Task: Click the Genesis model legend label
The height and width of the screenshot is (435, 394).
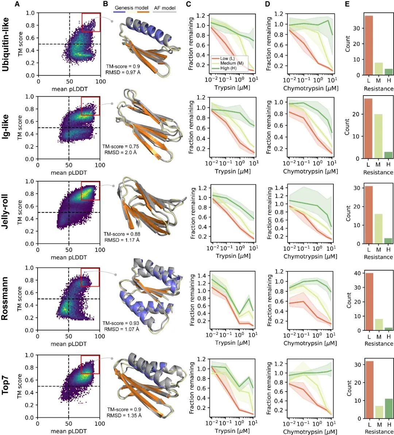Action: point(132,8)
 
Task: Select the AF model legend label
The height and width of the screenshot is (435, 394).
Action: point(165,8)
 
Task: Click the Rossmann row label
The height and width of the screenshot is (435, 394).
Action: point(5,299)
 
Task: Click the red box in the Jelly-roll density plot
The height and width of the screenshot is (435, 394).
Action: point(90,191)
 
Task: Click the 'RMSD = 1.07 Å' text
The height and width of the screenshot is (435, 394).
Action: point(121,329)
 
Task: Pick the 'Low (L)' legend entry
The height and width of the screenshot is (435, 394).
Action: point(227,58)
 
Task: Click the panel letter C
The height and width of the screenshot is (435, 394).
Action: point(188,4)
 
